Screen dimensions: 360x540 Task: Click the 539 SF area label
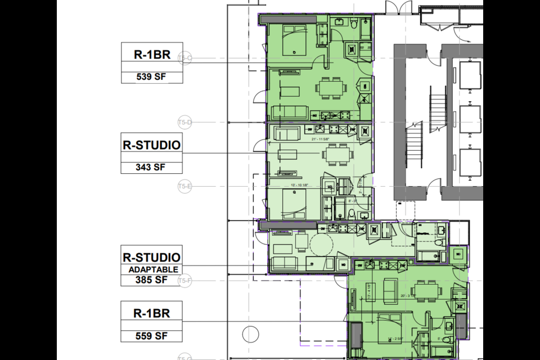coord(152,77)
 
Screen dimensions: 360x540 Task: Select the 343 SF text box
coord(152,167)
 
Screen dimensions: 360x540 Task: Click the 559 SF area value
coord(152,336)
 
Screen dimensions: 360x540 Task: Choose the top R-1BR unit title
coord(152,55)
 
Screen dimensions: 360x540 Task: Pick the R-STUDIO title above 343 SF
coord(152,145)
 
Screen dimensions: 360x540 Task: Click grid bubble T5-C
coord(185,58)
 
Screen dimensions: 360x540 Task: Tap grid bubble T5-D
coord(185,122)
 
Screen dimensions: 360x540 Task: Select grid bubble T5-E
coord(185,186)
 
